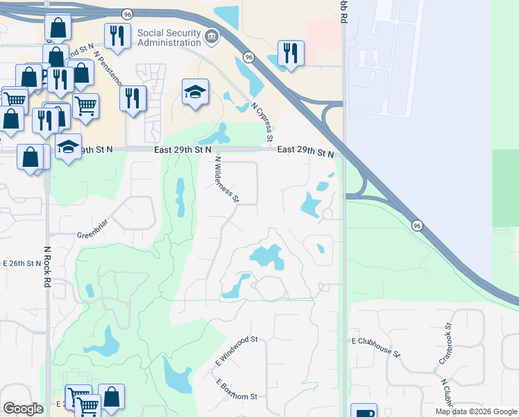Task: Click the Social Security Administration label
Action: tap(169, 38)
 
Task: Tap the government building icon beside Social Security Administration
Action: tap(212, 36)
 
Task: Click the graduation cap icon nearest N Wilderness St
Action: tap(195, 91)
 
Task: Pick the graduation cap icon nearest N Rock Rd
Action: tap(68, 147)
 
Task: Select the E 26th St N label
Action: tap(23, 263)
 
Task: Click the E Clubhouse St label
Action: tap(376, 347)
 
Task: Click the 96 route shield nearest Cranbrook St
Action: tap(416, 225)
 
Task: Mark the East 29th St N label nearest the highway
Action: tap(305, 151)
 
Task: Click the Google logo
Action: tap(23, 409)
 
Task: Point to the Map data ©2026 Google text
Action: tap(475, 411)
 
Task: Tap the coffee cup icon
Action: tap(363, 412)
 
